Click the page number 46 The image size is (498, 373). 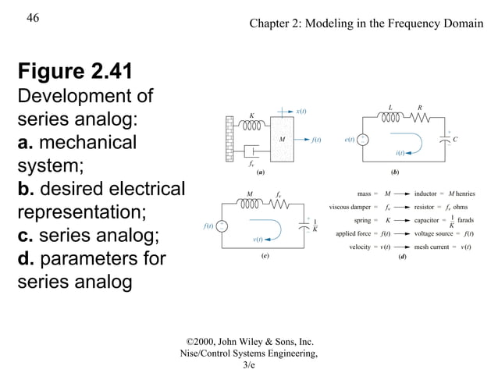(32, 18)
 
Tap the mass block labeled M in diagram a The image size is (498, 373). (283, 140)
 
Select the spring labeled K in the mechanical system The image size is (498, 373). (252, 124)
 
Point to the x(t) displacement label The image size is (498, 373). (301, 112)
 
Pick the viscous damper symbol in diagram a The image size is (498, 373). (251, 151)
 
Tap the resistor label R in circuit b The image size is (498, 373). (420, 108)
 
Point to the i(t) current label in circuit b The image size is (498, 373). (400, 154)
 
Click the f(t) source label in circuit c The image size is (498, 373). (208, 226)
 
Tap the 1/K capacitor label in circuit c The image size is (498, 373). (315, 226)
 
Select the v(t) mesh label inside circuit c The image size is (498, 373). (258, 239)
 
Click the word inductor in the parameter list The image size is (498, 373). (426, 194)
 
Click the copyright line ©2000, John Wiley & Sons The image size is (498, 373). (249, 341)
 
